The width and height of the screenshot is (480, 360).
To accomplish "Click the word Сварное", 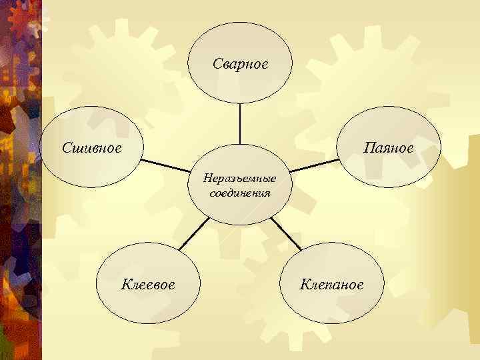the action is point(240,64).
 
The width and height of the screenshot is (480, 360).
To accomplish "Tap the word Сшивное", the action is point(92,147).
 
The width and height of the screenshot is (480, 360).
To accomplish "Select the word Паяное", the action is point(389,147).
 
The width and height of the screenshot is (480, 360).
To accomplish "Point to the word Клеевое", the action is point(148,285).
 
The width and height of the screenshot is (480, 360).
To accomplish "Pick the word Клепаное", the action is point(331,285).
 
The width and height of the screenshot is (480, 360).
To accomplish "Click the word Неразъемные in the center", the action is point(240,179).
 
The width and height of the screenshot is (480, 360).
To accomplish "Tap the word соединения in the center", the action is point(240,193).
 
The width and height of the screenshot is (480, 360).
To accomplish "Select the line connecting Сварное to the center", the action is point(240,125).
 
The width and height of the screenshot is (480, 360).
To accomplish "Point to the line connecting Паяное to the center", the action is point(315,165).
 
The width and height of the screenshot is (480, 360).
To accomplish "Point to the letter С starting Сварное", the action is point(217,64).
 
